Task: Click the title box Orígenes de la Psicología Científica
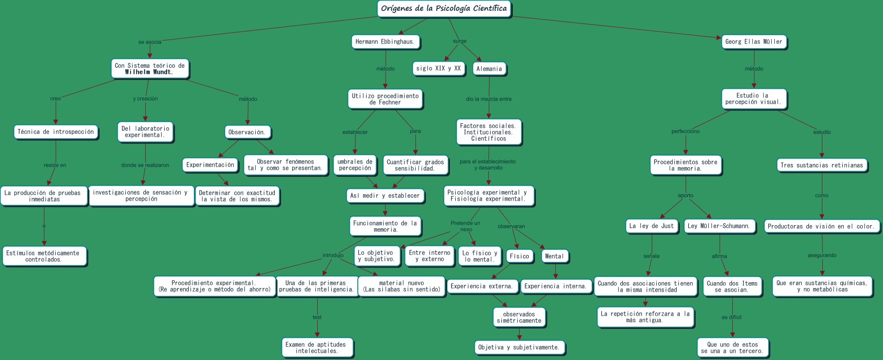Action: (444, 9)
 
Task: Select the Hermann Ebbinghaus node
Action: (385, 42)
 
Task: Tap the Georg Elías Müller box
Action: (754, 42)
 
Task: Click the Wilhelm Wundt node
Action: (149, 69)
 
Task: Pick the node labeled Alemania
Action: (489, 69)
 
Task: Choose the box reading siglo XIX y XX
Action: (439, 68)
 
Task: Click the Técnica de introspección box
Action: (56, 132)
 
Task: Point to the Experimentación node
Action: (210, 165)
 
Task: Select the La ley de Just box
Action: (651, 226)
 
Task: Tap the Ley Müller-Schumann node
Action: (719, 226)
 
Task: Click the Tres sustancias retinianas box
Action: (821, 165)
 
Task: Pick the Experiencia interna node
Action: (555, 286)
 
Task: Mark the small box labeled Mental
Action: (554, 256)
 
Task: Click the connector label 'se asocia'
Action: (150, 42)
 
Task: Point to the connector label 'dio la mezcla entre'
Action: (489, 99)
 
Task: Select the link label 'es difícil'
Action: (731, 317)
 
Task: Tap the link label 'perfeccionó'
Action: (685, 131)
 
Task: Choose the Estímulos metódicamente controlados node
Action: (43, 256)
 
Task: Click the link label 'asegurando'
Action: (822, 255)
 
